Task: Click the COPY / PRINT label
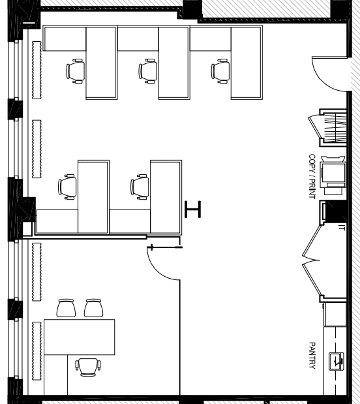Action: (x=312, y=176)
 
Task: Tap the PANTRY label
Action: (x=312, y=356)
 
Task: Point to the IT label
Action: (x=342, y=228)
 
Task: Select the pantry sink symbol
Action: (x=337, y=362)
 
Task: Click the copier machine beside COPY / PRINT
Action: (x=333, y=175)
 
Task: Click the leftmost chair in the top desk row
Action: (x=76, y=71)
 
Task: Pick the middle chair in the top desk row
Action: (x=148, y=71)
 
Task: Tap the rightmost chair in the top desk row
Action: (x=220, y=71)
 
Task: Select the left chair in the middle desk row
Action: (x=67, y=187)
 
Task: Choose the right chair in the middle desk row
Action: (x=140, y=187)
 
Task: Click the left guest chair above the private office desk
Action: (x=66, y=308)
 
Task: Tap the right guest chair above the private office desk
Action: (x=94, y=308)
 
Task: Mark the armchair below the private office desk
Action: (x=88, y=367)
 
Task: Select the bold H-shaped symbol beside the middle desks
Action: (x=192, y=210)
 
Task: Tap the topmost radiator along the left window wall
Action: (x=37, y=70)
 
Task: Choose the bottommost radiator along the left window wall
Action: (x=37, y=351)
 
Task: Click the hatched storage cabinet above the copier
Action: (x=333, y=128)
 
